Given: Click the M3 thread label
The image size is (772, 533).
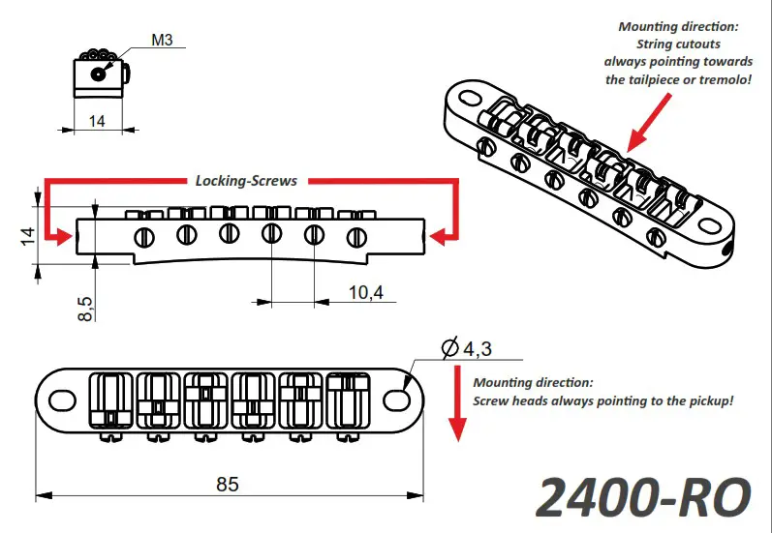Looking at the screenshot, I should [x=162, y=42].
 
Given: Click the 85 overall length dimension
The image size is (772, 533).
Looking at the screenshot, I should [x=228, y=484].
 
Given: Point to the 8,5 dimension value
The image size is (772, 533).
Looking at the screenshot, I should [x=85, y=308].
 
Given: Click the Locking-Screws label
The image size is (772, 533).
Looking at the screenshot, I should [x=246, y=180].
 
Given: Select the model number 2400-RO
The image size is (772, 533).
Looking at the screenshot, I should [x=642, y=496].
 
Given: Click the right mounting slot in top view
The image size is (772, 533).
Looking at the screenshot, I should [x=399, y=399].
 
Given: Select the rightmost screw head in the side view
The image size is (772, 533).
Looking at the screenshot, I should [x=356, y=234].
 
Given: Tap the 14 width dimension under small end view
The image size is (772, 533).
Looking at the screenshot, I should [x=97, y=121].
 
